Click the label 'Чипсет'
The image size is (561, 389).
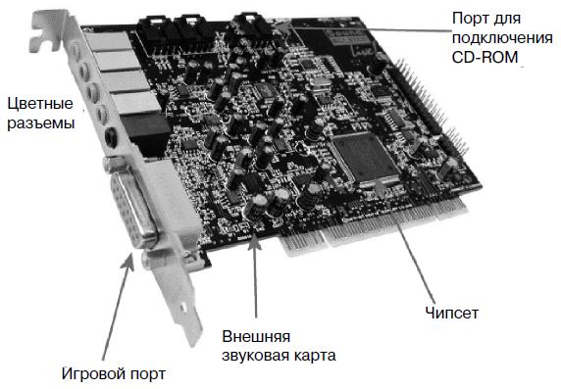(451, 313)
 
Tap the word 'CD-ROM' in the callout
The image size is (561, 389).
(484, 57)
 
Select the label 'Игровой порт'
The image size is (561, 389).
(114, 374)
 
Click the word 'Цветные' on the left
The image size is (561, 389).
(40, 104)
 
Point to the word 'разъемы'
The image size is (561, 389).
(41, 123)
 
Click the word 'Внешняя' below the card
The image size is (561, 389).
(256, 336)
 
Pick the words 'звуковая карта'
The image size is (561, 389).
(279, 356)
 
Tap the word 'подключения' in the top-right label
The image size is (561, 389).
(502, 38)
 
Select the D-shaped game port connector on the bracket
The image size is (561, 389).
(133, 208)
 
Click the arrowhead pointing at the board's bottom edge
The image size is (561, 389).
(254, 241)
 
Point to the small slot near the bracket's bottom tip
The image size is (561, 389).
(182, 307)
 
